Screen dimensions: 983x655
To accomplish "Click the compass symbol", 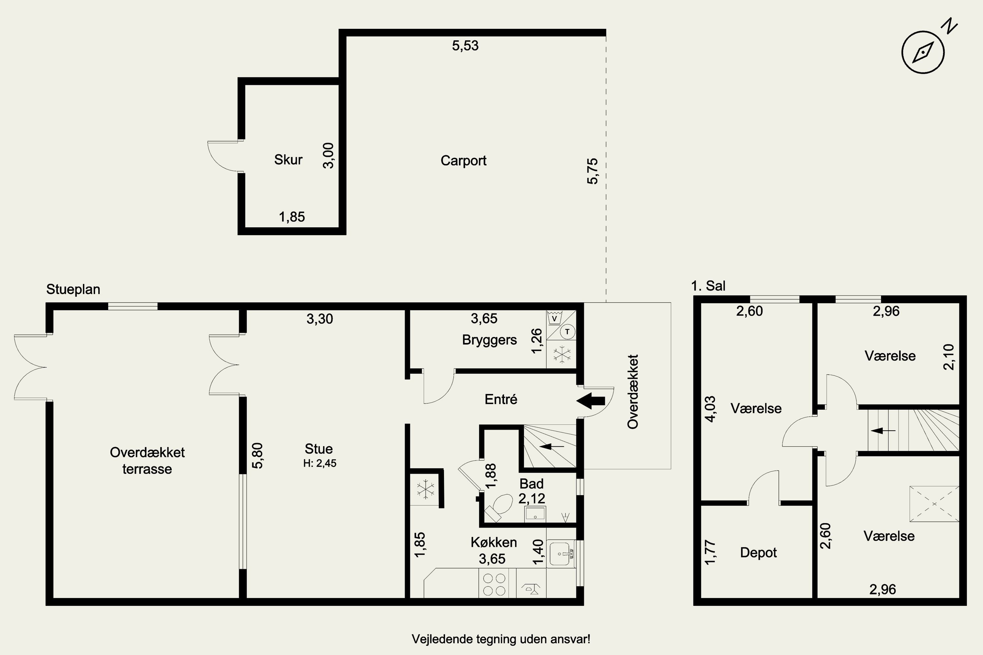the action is coord(923,52).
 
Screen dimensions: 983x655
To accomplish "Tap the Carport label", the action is coord(464,161).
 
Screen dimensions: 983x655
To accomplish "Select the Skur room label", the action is coord(288,159).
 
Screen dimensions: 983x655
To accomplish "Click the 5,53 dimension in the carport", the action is coord(465,46).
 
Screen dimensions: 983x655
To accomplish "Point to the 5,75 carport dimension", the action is coord(593,171).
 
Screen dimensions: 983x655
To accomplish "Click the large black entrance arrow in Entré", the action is coord(590,401).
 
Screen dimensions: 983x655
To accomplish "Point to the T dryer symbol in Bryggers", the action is coord(567,332).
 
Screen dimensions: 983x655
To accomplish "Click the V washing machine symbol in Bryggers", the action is coord(554,318).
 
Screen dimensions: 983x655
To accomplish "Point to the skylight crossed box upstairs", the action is coord(934,504).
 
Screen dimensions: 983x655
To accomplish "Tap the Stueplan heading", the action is coord(73,290).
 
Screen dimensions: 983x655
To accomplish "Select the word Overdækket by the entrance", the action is coord(633,392).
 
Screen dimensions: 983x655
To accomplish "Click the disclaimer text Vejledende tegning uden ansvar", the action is coord(501,639).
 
